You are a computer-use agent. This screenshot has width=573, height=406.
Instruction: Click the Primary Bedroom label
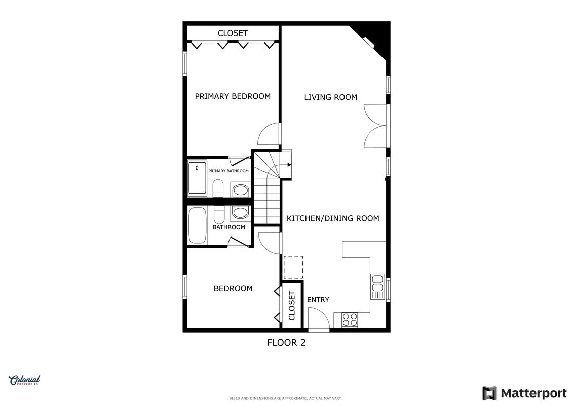(233, 96)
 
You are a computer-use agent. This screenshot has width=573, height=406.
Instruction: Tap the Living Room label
(331, 97)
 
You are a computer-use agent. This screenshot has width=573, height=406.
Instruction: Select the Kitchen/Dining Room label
(333, 219)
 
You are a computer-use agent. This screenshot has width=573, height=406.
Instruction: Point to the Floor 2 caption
(287, 343)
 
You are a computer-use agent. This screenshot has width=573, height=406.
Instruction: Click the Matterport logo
(524, 393)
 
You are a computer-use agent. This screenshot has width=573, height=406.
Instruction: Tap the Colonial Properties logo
(24, 381)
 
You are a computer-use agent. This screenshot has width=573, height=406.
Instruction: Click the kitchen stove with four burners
(350, 320)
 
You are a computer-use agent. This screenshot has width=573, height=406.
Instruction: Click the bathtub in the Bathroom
(198, 225)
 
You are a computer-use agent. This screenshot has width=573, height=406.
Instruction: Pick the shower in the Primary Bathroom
(197, 178)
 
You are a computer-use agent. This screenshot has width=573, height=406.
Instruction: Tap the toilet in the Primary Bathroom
(218, 188)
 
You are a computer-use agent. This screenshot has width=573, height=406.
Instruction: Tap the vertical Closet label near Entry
(292, 306)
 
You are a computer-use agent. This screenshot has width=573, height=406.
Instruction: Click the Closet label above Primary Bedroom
(233, 33)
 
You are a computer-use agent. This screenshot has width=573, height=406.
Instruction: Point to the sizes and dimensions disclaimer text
(285, 398)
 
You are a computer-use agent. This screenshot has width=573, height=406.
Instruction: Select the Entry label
(318, 300)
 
